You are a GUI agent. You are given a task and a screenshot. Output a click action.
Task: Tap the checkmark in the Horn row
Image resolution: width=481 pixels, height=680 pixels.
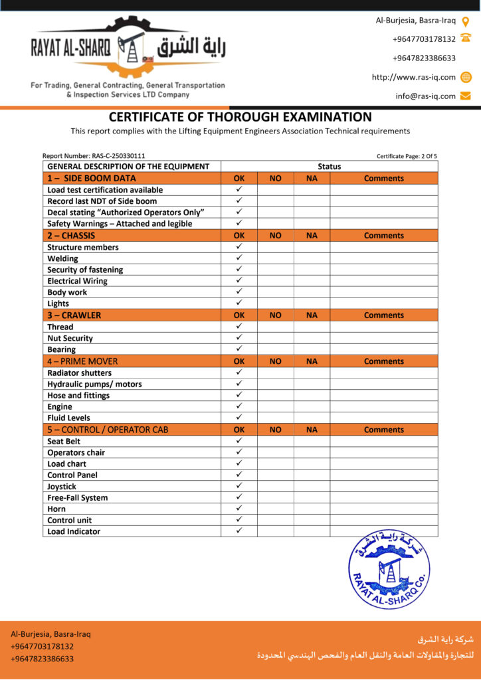pos(239,509)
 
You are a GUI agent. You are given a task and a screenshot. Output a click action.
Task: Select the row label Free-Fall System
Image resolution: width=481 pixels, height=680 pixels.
pos(77,497)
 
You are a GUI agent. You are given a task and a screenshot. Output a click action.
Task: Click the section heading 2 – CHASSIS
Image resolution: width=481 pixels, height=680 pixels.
pos(71,236)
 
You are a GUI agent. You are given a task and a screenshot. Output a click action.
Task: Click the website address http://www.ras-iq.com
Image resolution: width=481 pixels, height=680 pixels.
pos(414,77)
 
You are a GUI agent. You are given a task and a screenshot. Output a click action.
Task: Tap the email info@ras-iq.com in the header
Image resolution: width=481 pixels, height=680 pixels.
pos(426,96)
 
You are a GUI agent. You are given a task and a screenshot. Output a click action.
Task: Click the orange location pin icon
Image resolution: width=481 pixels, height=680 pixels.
pos(466,21)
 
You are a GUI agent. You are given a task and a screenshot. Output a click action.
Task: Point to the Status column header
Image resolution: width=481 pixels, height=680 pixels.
pos(329,167)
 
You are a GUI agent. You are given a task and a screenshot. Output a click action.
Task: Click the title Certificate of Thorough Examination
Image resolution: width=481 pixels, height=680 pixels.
pos(240,117)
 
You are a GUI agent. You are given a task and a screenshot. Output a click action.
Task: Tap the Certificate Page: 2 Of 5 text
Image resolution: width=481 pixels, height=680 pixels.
pos(407,156)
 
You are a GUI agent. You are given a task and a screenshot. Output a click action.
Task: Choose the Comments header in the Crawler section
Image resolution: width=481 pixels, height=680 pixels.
pos(383,315)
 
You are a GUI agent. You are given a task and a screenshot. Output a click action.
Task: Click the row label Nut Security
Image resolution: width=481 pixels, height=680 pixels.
pos(70,338)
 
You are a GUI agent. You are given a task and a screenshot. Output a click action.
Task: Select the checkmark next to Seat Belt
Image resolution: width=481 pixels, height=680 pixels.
pos(239,441)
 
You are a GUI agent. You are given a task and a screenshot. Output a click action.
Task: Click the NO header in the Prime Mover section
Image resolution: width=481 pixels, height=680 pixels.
pos(276,361)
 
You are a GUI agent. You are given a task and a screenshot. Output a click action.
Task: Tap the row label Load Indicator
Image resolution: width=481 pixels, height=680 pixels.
pos(74,531)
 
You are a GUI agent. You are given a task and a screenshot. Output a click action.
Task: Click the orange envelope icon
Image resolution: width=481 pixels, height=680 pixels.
pos(466,96)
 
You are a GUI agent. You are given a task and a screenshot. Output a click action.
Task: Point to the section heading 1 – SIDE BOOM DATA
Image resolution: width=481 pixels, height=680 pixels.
pos(91,179)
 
